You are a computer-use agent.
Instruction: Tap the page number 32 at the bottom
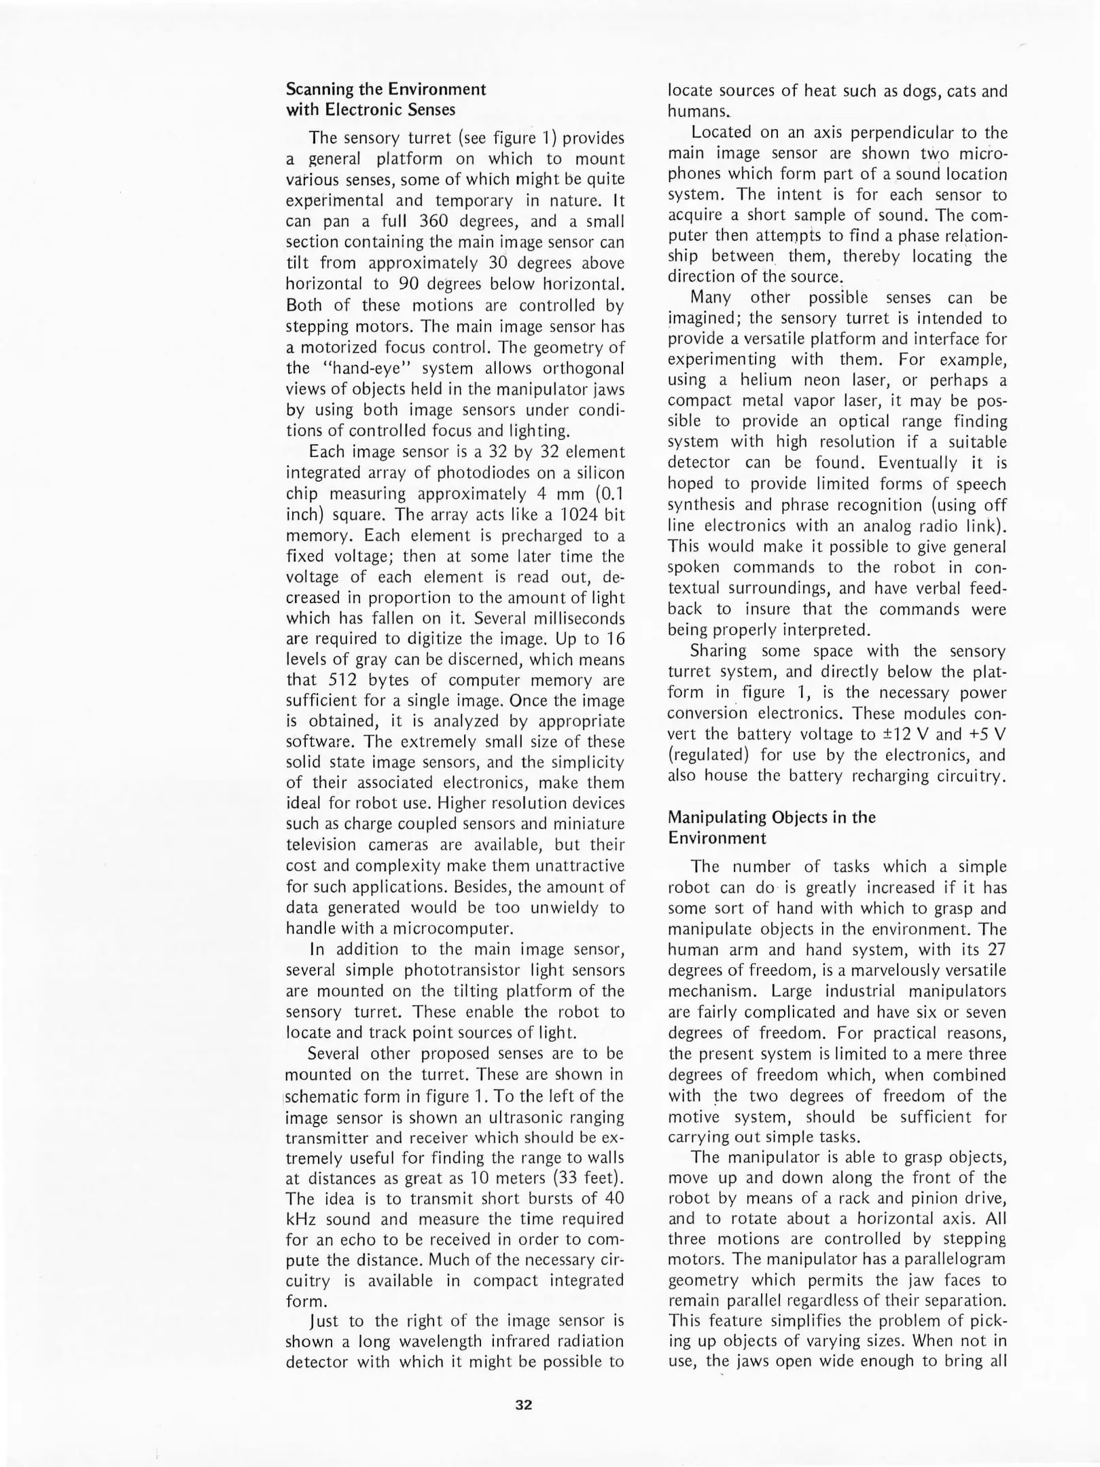pyautogui.click(x=523, y=1405)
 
